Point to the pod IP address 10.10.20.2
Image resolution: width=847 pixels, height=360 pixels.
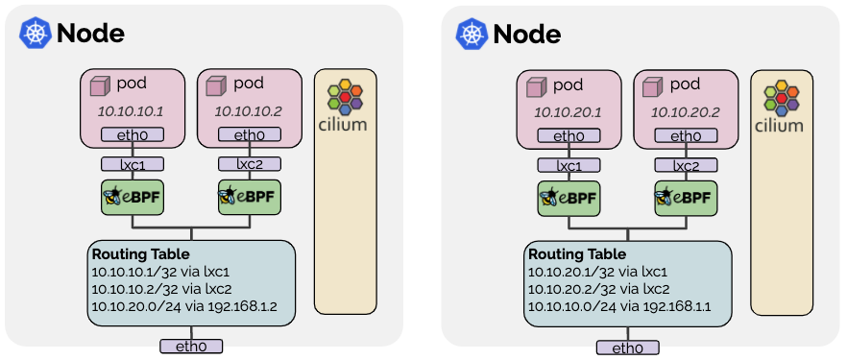(x=685, y=113)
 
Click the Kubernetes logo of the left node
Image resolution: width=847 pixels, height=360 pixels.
(x=35, y=34)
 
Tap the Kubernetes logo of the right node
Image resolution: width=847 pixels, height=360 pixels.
(x=472, y=35)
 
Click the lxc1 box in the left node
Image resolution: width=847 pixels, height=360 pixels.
(x=132, y=163)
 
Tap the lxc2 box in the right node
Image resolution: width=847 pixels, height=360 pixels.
(x=685, y=165)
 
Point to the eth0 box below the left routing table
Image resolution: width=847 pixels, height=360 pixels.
(x=189, y=346)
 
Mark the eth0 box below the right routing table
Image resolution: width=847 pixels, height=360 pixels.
(x=625, y=348)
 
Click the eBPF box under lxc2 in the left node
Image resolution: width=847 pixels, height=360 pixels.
(x=248, y=199)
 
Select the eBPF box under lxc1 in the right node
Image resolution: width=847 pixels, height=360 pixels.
(x=568, y=199)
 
